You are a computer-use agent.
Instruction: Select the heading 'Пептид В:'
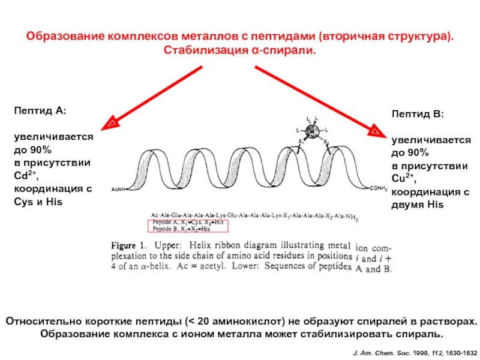pyautogui.click(x=418, y=113)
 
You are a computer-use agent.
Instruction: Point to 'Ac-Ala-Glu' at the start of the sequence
pyautogui.click(x=166, y=214)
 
